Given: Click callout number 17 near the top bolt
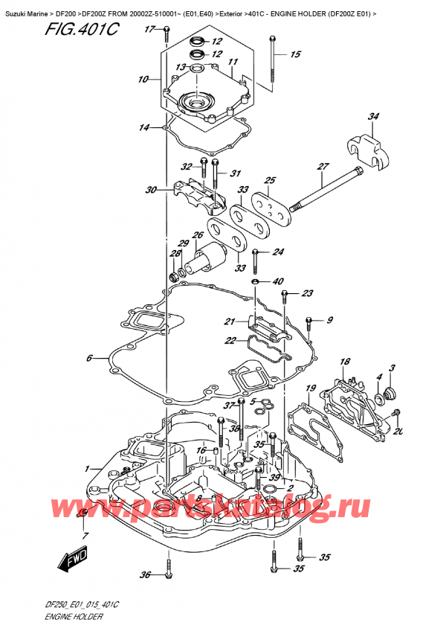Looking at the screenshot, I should [x=149, y=29].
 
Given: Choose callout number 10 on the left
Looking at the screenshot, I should [x=143, y=78].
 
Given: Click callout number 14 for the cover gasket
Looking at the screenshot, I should [x=143, y=128].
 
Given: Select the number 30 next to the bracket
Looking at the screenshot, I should [x=151, y=190].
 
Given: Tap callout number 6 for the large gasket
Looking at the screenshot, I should [x=89, y=358].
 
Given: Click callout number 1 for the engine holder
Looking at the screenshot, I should [x=88, y=468].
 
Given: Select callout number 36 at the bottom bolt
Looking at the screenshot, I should [x=146, y=574].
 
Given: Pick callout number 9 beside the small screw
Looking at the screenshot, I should [x=330, y=321].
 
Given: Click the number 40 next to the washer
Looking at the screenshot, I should [x=278, y=281].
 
